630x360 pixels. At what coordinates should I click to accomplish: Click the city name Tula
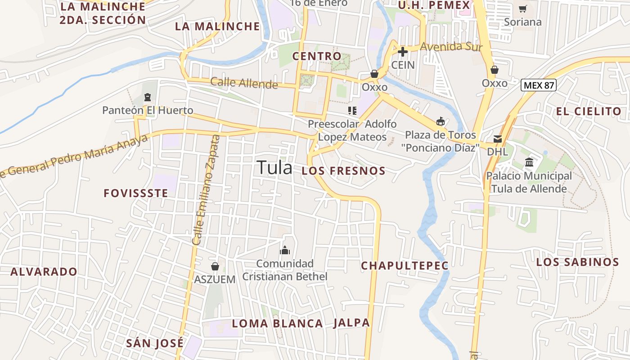(274, 168)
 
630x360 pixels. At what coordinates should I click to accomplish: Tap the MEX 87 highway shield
(539, 85)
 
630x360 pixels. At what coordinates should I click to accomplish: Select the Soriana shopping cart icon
(523, 9)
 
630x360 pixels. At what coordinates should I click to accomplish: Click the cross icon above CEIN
(402, 52)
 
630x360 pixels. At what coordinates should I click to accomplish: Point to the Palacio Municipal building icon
(529, 162)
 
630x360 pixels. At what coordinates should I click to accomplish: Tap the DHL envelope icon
(498, 139)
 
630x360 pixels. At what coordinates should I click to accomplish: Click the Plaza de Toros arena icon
(441, 121)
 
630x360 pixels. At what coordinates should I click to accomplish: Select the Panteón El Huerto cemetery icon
(147, 97)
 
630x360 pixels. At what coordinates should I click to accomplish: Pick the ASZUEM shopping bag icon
(215, 266)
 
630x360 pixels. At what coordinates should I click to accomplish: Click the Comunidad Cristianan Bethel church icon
(284, 250)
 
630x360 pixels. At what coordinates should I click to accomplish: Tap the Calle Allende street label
(244, 83)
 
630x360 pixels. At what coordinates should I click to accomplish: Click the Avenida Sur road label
(451, 47)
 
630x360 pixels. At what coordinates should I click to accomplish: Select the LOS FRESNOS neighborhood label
(343, 171)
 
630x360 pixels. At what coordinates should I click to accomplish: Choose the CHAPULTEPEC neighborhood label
(405, 266)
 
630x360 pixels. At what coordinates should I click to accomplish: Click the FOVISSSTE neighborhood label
(136, 193)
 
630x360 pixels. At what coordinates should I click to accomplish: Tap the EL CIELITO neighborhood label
(589, 111)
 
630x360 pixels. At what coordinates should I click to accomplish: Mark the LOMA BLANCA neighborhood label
(277, 324)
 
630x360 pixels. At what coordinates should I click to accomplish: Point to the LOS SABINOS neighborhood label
(577, 262)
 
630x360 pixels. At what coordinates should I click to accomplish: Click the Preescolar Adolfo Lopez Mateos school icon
(352, 110)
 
